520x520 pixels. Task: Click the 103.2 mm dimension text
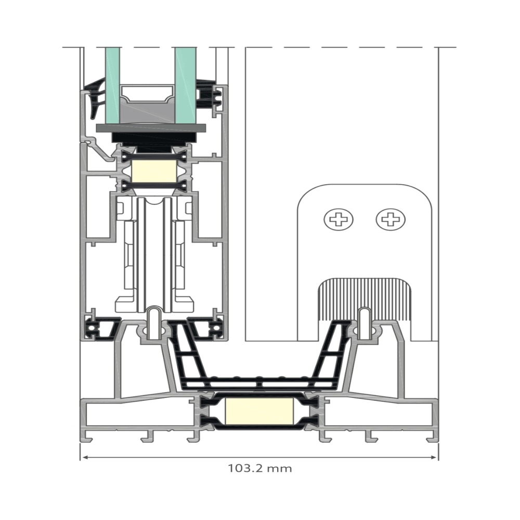click(259, 469)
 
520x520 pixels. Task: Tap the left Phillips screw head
click(339, 219)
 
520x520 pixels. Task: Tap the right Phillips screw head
click(391, 219)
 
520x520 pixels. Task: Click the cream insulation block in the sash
click(153, 171)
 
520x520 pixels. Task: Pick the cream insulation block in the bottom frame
click(259, 411)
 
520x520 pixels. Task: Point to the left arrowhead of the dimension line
click(85, 457)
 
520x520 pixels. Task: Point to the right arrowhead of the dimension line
click(434, 457)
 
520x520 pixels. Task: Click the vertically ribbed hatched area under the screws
click(365, 298)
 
